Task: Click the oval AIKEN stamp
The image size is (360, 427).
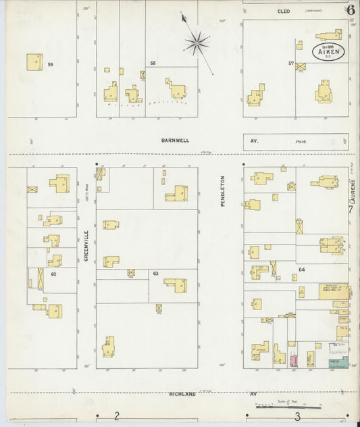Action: click(328, 51)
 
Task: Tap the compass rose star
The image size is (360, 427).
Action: click(197, 44)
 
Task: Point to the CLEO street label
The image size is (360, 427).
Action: click(283, 11)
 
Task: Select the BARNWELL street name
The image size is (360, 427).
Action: click(175, 141)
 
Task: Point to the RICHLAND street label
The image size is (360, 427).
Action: click(182, 393)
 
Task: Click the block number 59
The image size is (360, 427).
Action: click(50, 65)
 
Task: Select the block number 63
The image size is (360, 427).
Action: click(155, 274)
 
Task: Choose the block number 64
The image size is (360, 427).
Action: click(301, 270)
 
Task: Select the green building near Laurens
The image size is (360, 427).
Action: click(338, 363)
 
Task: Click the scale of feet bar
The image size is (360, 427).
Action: click(288, 407)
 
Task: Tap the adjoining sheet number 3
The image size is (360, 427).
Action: click(297, 417)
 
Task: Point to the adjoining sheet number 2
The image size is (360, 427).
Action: click(117, 417)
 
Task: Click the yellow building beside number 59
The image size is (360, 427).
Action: click(34, 61)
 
